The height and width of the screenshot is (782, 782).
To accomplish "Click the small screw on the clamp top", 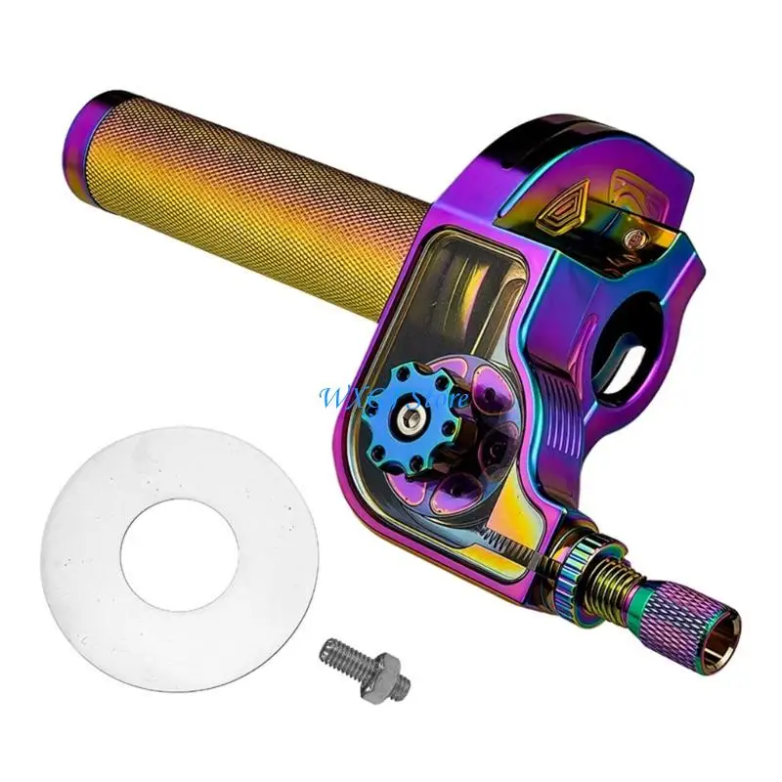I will (x=641, y=234).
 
